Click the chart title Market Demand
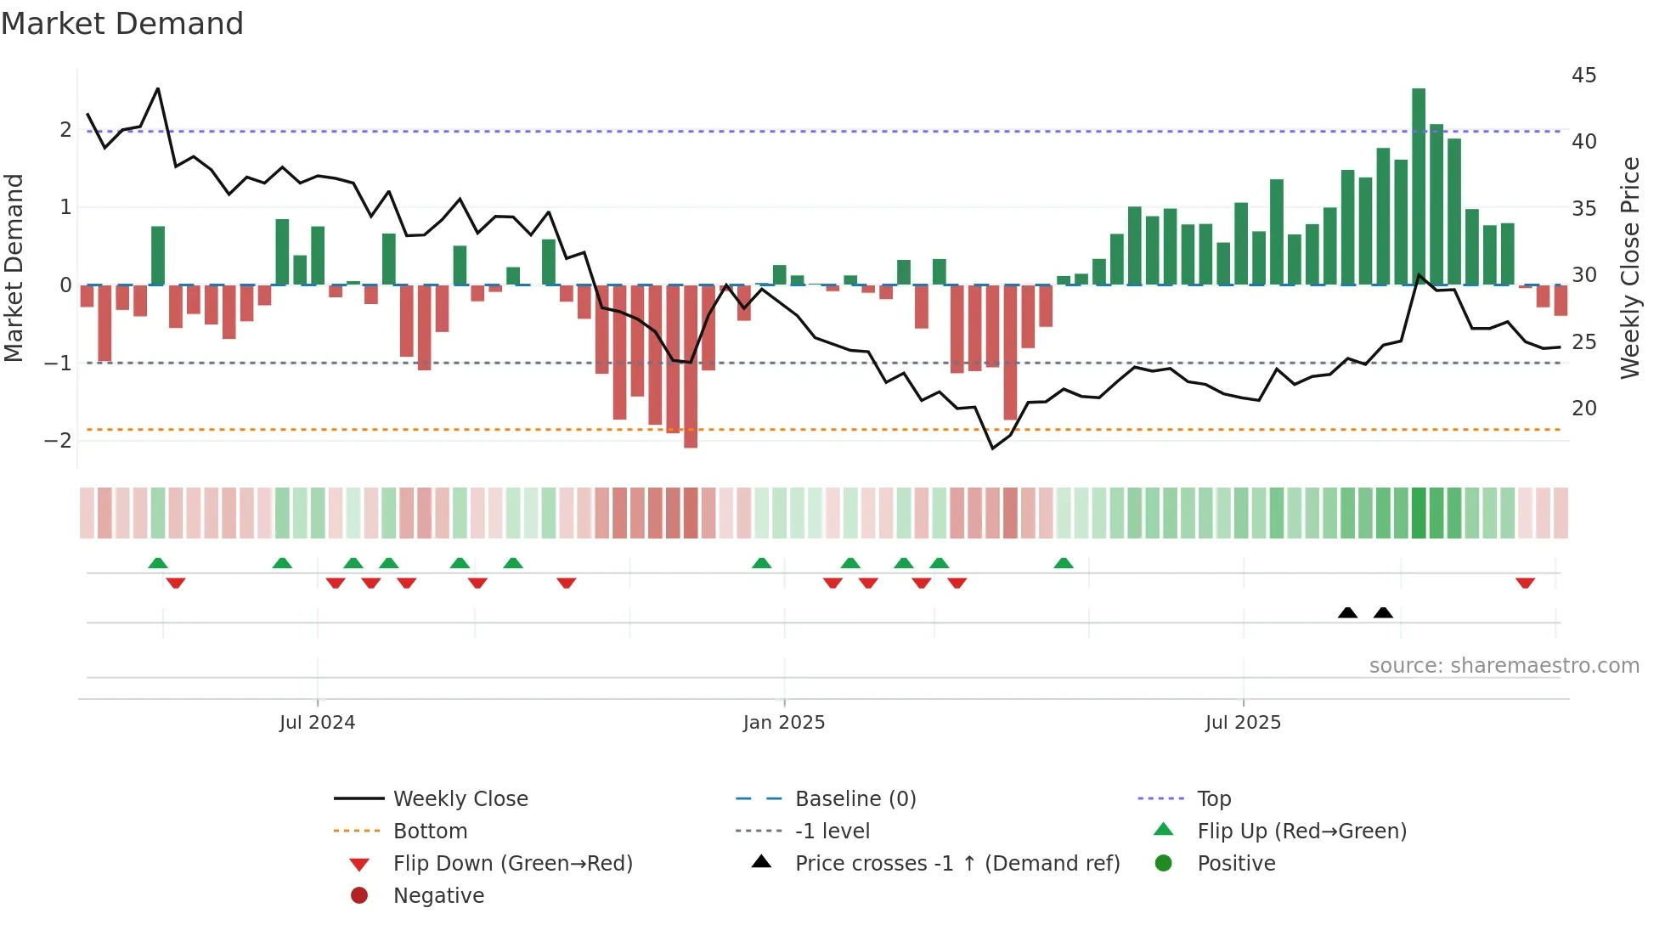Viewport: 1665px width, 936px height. click(122, 24)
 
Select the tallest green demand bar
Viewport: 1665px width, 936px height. click(1418, 187)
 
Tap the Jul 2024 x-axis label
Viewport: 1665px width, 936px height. click(317, 723)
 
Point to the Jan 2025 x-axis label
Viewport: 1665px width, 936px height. click(783, 723)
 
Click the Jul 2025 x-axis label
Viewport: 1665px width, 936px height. click(1242, 723)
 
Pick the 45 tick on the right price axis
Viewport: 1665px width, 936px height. click(1583, 76)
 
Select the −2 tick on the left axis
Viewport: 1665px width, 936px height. click(58, 441)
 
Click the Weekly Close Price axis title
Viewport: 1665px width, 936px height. click(1629, 268)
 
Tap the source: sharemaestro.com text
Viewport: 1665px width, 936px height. click(1504, 666)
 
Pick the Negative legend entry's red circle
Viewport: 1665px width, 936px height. click(359, 896)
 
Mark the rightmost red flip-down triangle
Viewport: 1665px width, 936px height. click(1525, 583)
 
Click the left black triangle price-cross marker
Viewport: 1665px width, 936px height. click(1347, 612)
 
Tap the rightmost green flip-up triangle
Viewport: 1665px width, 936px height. click(1064, 563)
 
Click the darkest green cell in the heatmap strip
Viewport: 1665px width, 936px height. click(1418, 513)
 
